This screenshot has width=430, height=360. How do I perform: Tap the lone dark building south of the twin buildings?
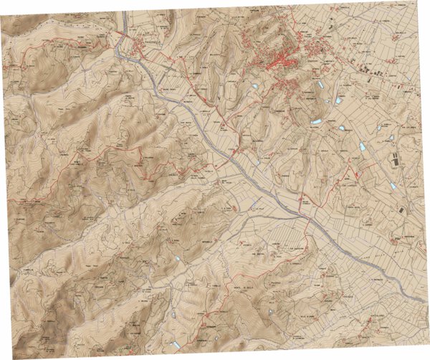[x=403, y=210]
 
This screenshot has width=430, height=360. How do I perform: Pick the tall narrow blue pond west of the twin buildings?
[x=363, y=146]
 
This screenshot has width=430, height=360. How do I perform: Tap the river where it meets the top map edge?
[x=124, y=13]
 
